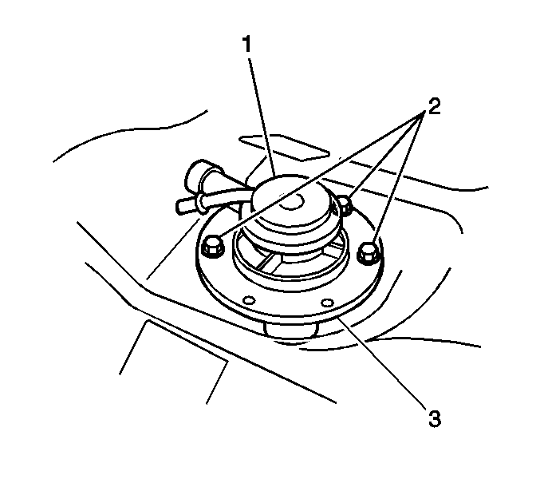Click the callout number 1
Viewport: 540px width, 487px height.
tap(247, 45)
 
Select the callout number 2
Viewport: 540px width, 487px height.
tap(434, 106)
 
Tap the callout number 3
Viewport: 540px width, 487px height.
tap(435, 419)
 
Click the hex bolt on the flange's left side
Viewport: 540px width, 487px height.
tap(212, 245)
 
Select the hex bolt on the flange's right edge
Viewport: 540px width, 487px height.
tap(369, 253)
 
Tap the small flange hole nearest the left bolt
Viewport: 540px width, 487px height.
tap(249, 300)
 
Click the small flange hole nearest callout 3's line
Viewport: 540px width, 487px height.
tap(327, 303)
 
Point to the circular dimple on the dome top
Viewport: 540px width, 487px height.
tap(291, 201)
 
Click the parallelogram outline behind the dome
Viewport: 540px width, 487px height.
tap(285, 148)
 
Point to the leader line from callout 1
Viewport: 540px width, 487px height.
tap(262, 118)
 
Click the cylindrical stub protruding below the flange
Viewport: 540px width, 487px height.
tap(290, 328)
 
